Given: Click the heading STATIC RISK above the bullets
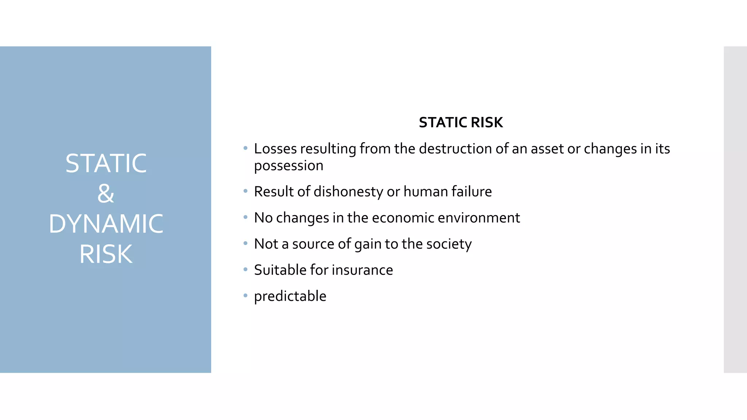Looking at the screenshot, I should tap(461, 122).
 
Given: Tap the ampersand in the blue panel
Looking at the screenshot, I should tap(106, 194).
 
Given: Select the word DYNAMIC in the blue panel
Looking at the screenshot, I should tap(106, 224).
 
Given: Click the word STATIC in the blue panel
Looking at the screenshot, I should tap(106, 163).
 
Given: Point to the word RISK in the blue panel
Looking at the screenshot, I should tap(106, 254).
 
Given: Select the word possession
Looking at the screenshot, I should tap(289, 166).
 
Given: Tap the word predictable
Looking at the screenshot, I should tap(290, 296).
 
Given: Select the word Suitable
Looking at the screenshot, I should tap(280, 270).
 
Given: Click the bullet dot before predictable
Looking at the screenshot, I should tap(245, 295).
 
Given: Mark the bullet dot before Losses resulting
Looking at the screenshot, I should tap(245, 148).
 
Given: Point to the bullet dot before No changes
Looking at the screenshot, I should tap(245, 217).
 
